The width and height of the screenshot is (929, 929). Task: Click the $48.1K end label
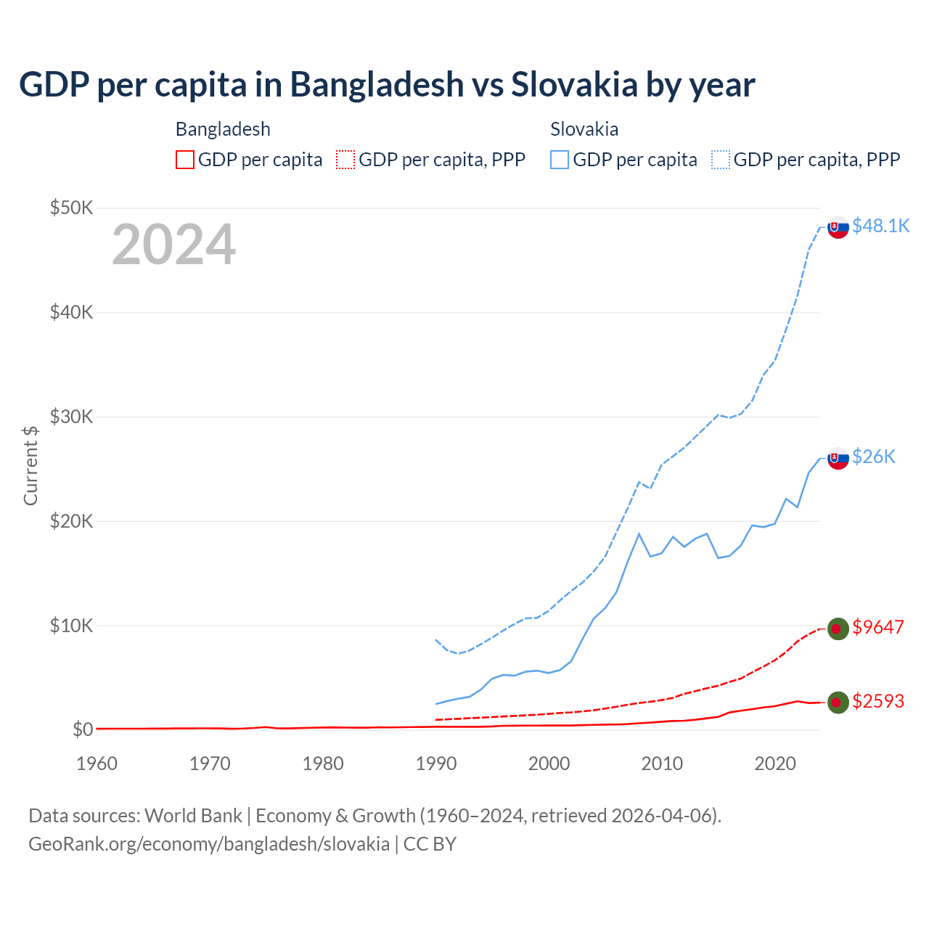(880, 226)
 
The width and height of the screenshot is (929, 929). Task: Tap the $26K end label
(874, 457)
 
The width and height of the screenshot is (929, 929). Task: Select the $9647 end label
(878, 627)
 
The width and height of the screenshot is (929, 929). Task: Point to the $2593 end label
(878, 701)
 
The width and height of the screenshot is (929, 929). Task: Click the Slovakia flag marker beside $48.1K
(838, 227)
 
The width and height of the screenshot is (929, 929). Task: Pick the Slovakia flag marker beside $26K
(838, 458)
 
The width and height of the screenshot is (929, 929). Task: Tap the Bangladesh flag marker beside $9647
(838, 629)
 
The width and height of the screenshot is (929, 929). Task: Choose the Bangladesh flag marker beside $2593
(838, 702)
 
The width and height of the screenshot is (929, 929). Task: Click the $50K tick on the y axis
(72, 208)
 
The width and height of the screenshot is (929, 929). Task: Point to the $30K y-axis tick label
(72, 417)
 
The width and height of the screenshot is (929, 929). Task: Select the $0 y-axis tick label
(83, 729)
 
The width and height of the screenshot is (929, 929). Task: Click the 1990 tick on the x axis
(436, 764)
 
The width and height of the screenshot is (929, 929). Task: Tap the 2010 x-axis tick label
(662, 764)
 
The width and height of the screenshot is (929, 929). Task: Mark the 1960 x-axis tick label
(97, 764)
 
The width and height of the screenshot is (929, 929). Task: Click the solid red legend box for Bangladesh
(185, 160)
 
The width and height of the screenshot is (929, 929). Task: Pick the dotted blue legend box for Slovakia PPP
(721, 160)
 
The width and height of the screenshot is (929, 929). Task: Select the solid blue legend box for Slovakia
(560, 160)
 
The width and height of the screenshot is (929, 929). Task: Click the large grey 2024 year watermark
(174, 245)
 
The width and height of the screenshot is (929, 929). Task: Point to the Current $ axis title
(30, 465)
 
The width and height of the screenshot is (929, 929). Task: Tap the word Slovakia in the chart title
(574, 85)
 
